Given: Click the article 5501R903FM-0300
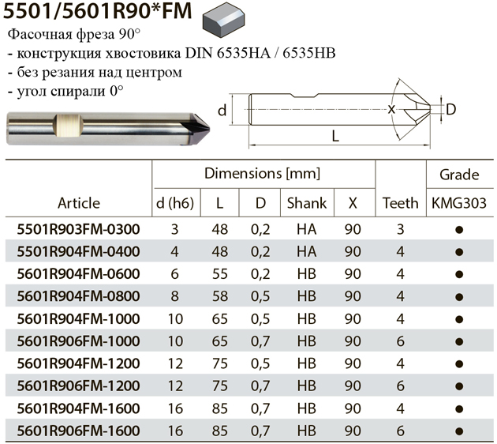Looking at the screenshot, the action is [78, 229].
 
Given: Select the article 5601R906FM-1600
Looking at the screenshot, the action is [78, 431].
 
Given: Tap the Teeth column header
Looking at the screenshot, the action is [400, 203].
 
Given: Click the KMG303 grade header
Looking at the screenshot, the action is [459, 203].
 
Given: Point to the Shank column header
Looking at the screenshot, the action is [307, 203].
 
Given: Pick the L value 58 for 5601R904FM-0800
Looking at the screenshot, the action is [219, 296].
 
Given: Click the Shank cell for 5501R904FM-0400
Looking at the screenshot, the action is [307, 251].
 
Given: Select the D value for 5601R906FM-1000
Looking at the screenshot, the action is [260, 341].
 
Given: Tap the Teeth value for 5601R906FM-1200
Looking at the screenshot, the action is [400, 386].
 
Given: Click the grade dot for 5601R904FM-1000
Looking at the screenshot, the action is [459, 319].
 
